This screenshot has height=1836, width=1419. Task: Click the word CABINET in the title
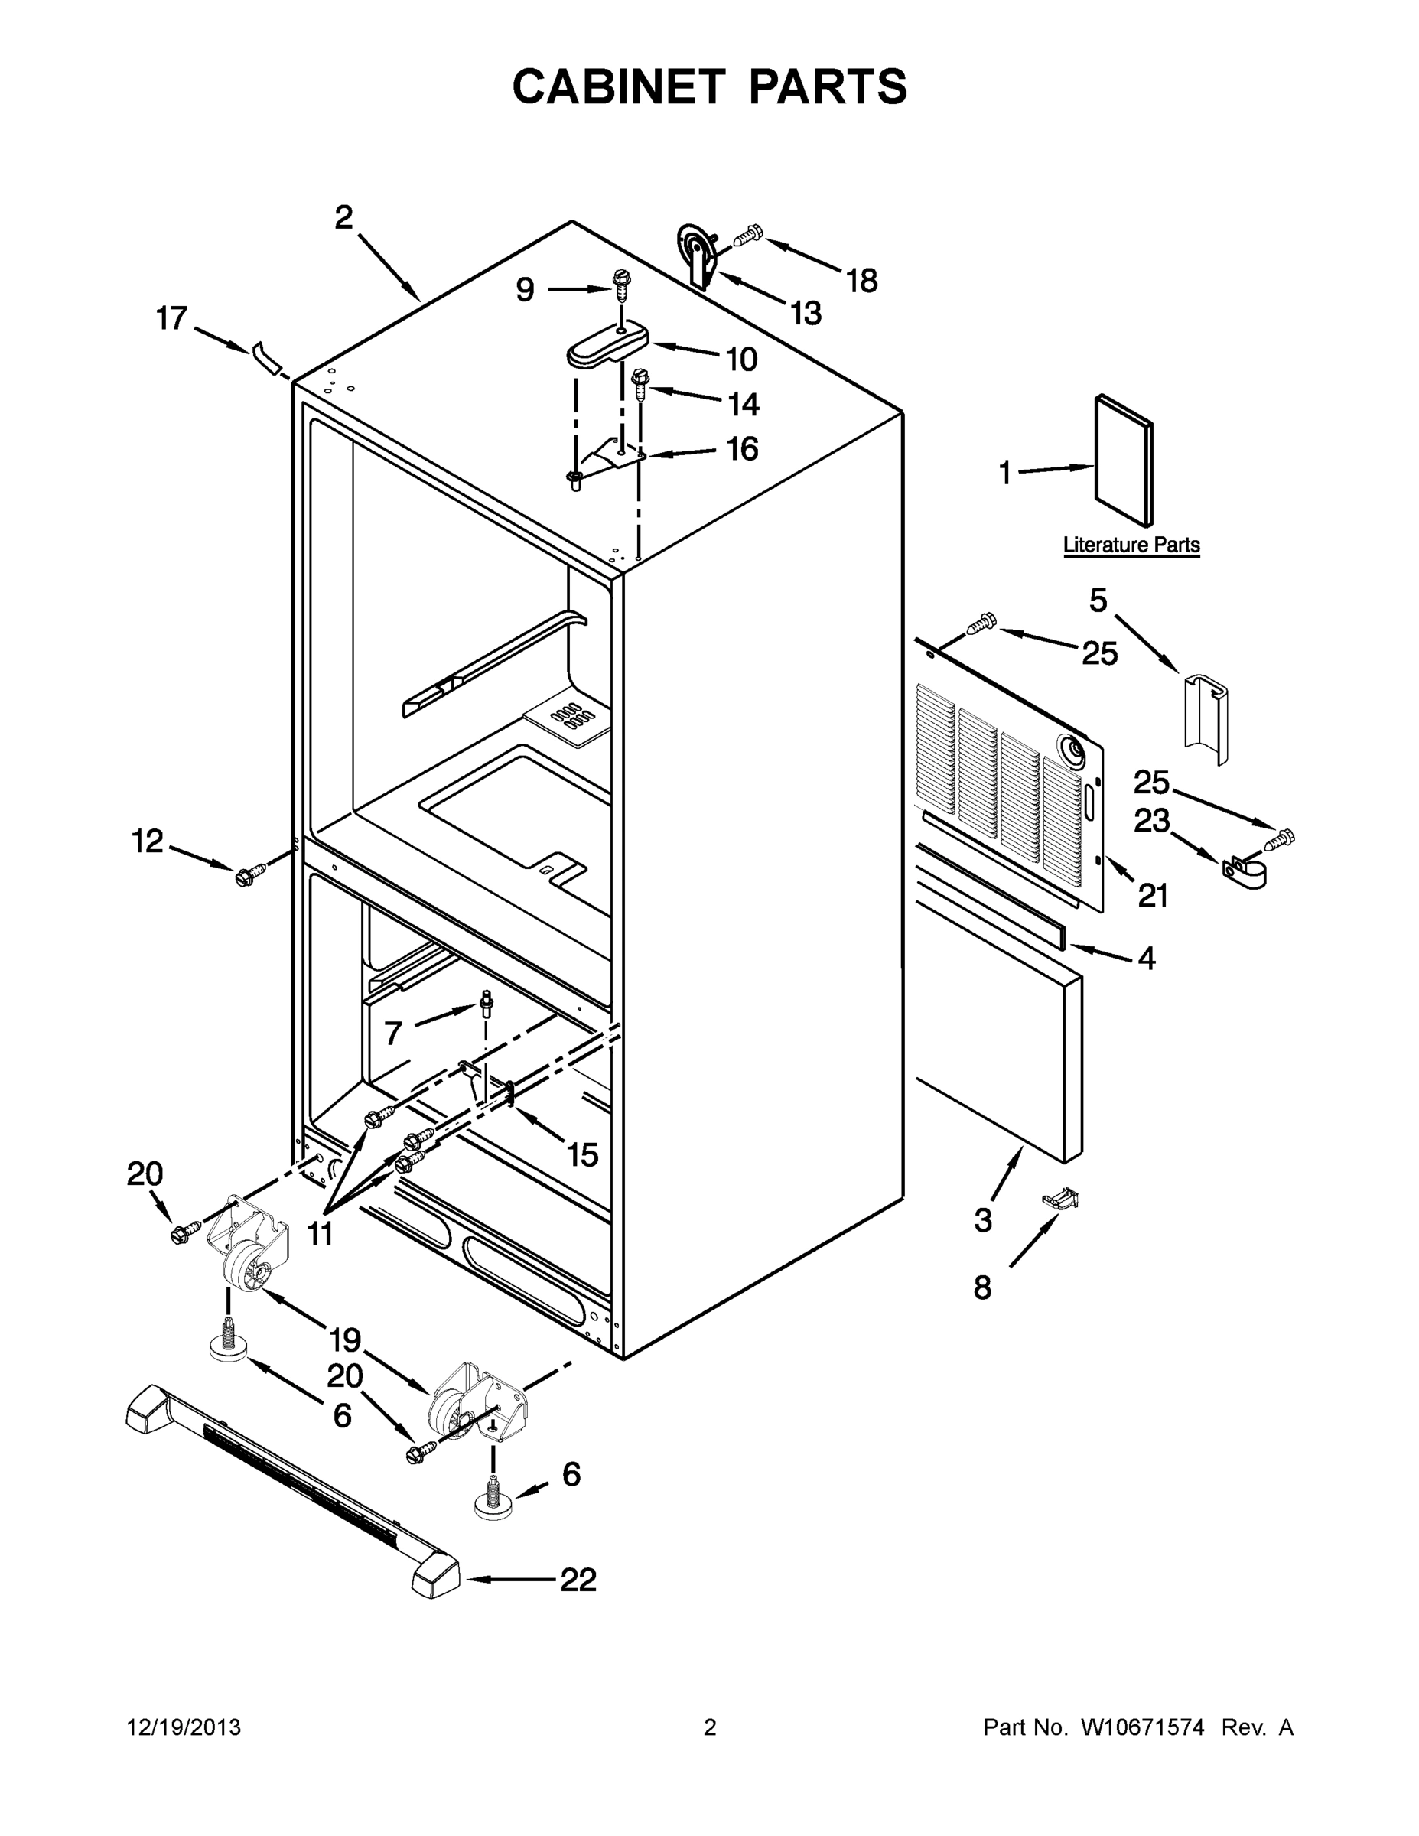(619, 86)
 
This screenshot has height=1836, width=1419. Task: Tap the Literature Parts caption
(1131, 545)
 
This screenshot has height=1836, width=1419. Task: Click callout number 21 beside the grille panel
(1154, 896)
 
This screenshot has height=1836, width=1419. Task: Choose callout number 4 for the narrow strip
(1147, 958)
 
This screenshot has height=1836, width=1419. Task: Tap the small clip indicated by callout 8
(1062, 1200)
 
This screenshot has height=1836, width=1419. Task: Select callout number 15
(581, 1155)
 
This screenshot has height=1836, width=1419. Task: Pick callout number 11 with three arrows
(320, 1234)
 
